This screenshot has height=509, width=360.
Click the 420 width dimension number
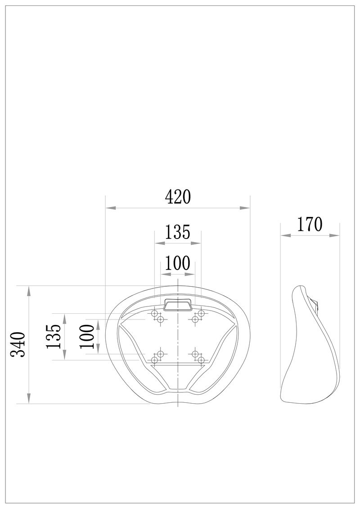(x=177, y=197)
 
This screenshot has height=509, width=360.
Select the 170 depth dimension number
(x=309, y=224)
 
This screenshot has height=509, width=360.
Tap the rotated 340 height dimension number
(x=18, y=345)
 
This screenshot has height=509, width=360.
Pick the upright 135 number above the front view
(x=178, y=232)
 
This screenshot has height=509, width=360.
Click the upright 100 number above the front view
(x=178, y=263)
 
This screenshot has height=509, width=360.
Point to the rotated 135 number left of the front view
(x=54, y=336)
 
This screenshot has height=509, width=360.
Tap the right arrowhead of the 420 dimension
(x=245, y=208)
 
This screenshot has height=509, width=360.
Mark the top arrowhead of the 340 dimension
(x=29, y=291)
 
